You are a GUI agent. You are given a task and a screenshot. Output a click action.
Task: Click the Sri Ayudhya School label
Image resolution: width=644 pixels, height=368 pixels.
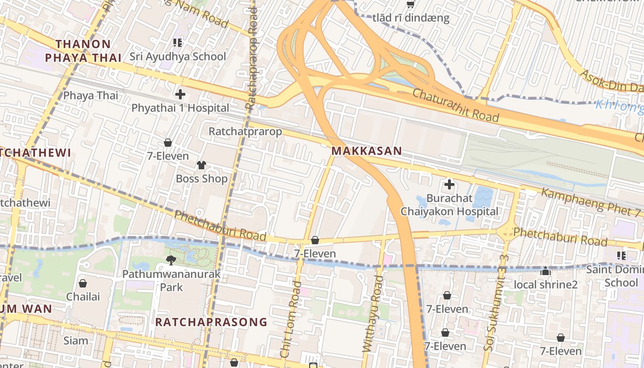[x=178, y=57]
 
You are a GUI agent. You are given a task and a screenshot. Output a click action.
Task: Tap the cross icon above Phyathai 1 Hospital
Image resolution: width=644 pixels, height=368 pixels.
[x=180, y=95]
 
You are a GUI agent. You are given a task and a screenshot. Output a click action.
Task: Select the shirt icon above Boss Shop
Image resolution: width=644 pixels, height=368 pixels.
[x=201, y=165]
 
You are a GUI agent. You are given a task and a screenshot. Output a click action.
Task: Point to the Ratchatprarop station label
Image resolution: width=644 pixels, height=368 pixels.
[x=245, y=132]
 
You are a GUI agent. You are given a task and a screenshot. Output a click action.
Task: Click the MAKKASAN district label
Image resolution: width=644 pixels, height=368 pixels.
[x=367, y=151]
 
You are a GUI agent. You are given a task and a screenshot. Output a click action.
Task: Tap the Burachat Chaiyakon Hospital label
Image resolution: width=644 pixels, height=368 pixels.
[x=449, y=205]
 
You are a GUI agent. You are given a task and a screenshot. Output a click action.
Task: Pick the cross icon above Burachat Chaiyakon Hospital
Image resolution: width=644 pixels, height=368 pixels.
[x=449, y=185]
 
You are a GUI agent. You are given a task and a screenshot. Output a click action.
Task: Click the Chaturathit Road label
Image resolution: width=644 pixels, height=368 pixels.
[x=455, y=105]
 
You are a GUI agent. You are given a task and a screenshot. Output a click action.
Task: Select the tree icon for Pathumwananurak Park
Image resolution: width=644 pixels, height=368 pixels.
[x=171, y=260]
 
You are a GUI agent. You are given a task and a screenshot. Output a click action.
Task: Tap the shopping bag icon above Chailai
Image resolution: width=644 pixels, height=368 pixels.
[x=83, y=283]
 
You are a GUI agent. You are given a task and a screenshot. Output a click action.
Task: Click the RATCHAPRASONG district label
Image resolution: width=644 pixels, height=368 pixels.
[x=211, y=322]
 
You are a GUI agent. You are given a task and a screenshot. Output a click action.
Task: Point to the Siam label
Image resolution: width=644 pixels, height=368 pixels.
[x=76, y=341]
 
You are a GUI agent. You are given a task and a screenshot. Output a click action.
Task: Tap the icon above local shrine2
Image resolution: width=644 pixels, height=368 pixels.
[x=546, y=271]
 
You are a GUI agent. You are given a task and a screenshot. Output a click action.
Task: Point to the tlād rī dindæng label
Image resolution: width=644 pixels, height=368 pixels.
[x=411, y=18]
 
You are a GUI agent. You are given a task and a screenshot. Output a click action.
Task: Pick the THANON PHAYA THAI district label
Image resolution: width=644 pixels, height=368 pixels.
[x=83, y=51]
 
